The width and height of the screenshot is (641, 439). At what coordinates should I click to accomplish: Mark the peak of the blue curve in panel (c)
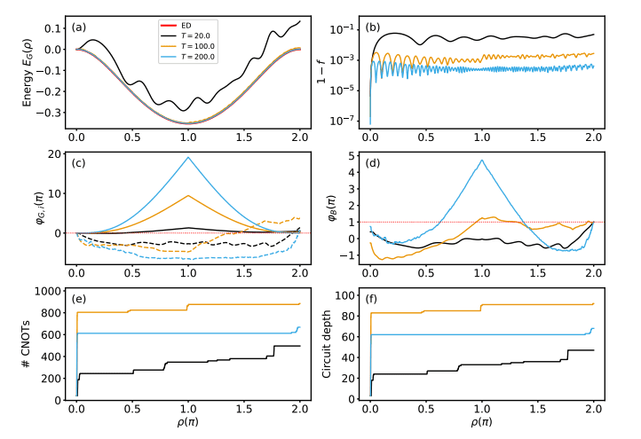[188, 157]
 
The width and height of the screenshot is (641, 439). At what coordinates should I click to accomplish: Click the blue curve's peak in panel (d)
[482, 161]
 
